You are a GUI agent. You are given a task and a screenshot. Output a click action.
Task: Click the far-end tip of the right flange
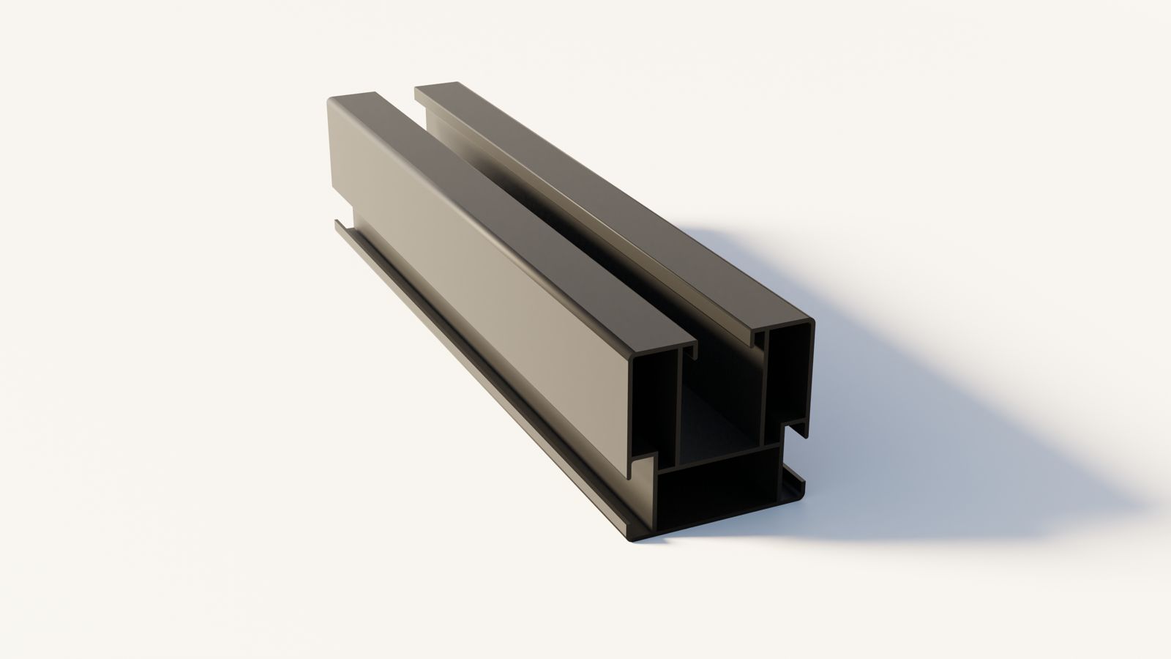(419, 87)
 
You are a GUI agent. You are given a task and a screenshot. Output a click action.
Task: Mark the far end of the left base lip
(338, 223)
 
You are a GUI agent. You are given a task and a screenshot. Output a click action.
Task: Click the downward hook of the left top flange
(689, 356)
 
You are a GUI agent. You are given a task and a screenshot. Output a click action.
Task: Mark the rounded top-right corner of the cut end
(809, 323)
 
